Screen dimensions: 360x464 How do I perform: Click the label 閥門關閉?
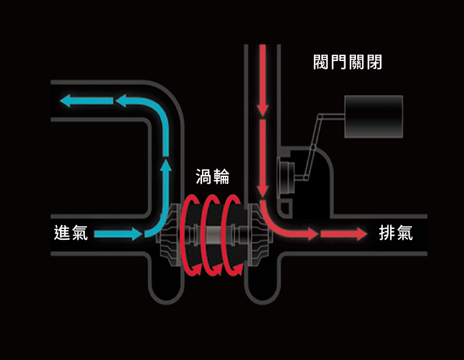347,62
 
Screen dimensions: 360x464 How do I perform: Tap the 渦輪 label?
212,177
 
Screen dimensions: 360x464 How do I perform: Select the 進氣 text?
71,233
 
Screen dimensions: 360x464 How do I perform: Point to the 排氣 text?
396,233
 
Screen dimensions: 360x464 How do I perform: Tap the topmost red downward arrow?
263,79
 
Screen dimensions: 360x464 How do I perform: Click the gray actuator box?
374,117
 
